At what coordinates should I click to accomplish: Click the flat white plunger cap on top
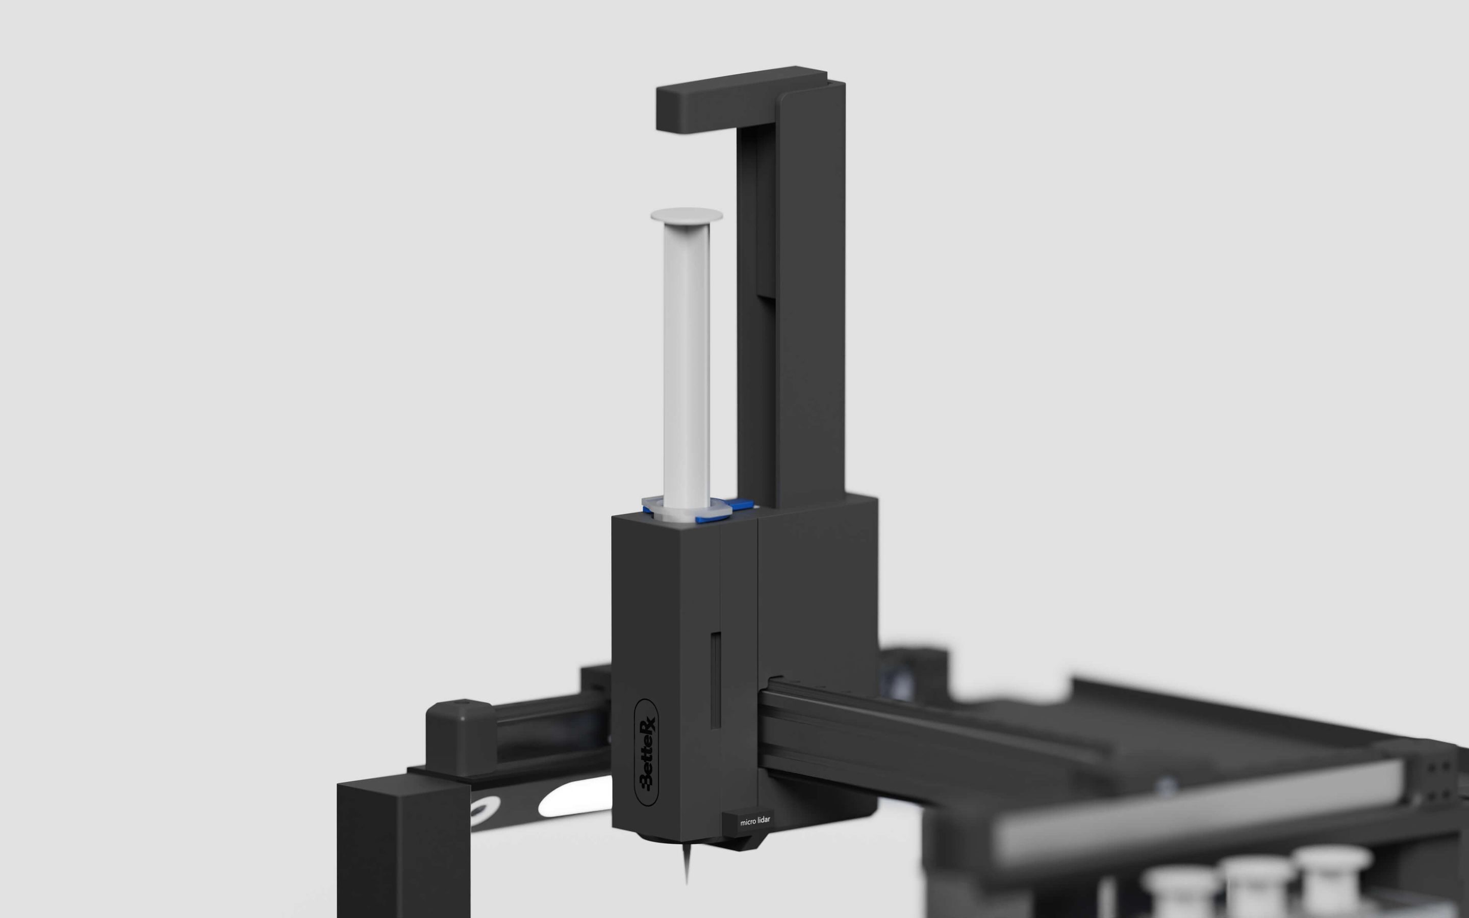pos(687,216)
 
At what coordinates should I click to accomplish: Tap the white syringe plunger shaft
pos(687,364)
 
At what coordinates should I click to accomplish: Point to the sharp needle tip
pos(687,883)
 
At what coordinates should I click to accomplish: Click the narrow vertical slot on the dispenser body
pos(716,679)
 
